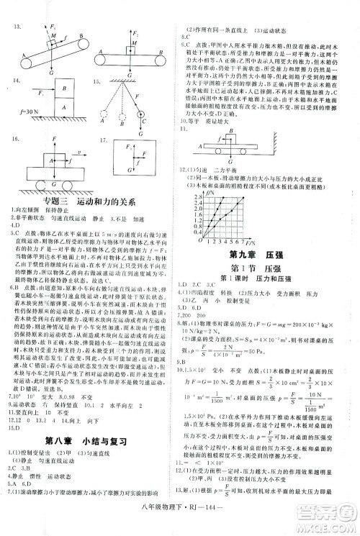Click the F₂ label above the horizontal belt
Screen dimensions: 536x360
133,32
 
